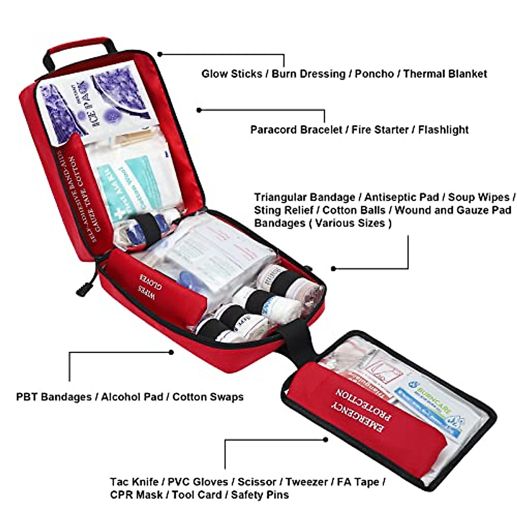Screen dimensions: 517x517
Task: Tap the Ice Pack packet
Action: pyautogui.click(x=97, y=103)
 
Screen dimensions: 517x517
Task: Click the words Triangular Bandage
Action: pyautogui.click(x=304, y=197)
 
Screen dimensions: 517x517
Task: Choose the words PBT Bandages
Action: pyautogui.click(x=54, y=397)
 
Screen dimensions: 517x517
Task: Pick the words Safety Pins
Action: pyautogui.click(x=260, y=495)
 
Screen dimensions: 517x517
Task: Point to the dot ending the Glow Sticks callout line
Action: pyautogui.click(x=160, y=54)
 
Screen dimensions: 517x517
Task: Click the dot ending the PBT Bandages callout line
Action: pyautogui.click(x=171, y=352)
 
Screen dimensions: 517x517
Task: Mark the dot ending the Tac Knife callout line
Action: pyautogui.click(x=326, y=440)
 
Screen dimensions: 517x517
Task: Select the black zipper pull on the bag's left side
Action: pyautogui.click(x=84, y=290)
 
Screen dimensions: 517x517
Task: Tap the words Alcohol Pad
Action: pyautogui.click(x=132, y=397)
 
